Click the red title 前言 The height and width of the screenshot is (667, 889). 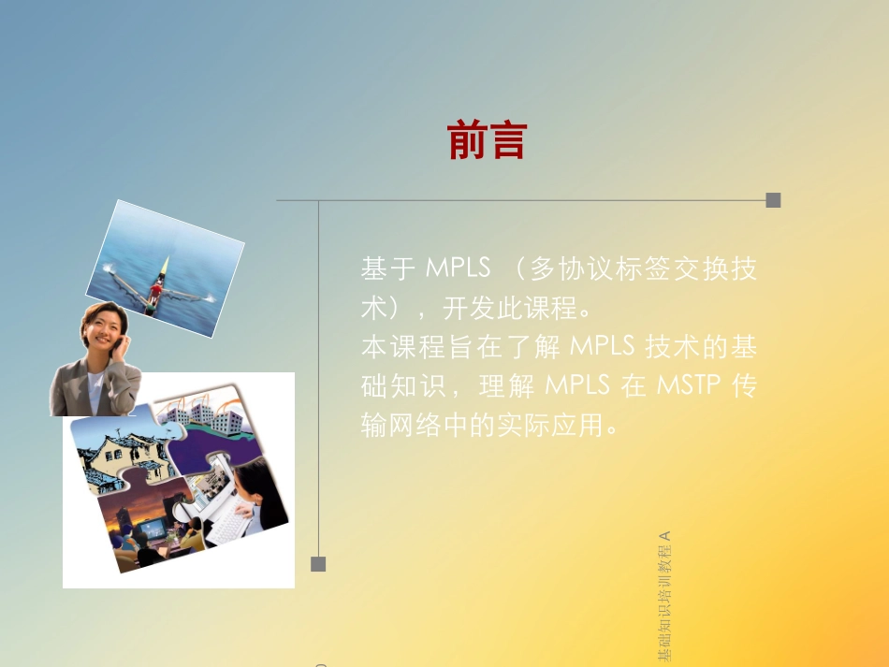[x=488, y=141]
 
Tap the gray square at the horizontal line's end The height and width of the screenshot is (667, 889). [x=773, y=199]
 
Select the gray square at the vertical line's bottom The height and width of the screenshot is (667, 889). [x=318, y=563]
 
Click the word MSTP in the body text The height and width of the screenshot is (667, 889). [x=696, y=385]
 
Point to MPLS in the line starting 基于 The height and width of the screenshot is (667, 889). [x=458, y=268]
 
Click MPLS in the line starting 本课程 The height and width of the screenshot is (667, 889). [x=602, y=346]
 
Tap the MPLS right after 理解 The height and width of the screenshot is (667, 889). [x=577, y=385]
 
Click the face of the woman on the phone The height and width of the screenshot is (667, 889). [x=102, y=331]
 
